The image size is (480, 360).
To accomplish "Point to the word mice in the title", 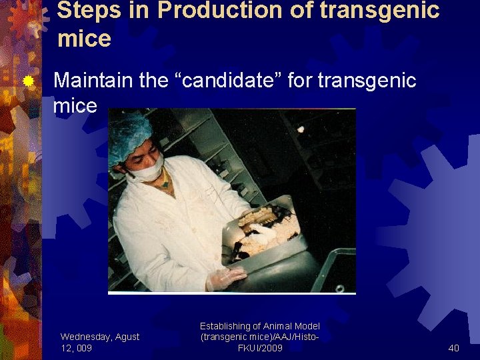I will point(84,39).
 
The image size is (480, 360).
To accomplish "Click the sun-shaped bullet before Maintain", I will point(28,82).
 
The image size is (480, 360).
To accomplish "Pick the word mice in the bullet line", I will point(75,105).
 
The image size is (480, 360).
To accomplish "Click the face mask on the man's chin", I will point(147,172).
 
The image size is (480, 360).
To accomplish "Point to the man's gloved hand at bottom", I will point(225,278).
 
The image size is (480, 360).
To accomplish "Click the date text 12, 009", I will point(76,348).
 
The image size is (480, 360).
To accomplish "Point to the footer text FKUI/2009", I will point(260,348).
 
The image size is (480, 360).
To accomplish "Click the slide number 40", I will point(453,348).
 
